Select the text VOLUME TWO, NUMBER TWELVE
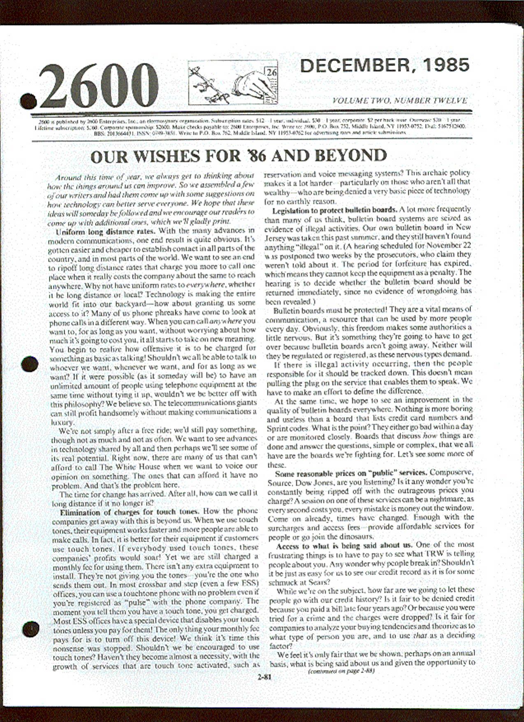tap(399, 100)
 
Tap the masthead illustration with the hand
tap(233, 82)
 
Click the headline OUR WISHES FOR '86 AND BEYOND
tap(239, 156)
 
